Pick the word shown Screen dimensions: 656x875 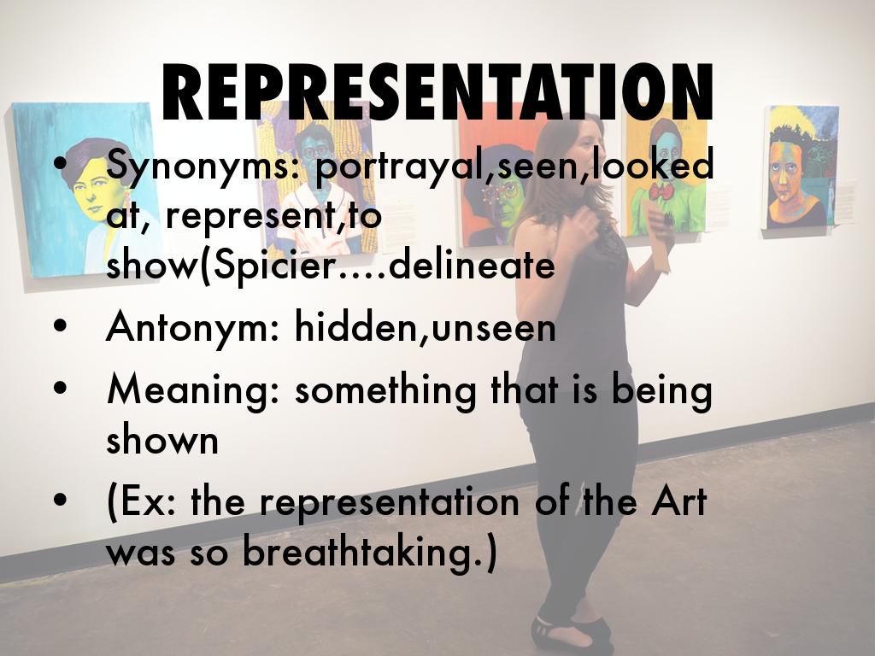(x=162, y=440)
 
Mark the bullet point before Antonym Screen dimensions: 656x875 (x=59, y=328)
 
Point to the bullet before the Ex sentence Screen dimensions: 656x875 (x=59, y=502)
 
